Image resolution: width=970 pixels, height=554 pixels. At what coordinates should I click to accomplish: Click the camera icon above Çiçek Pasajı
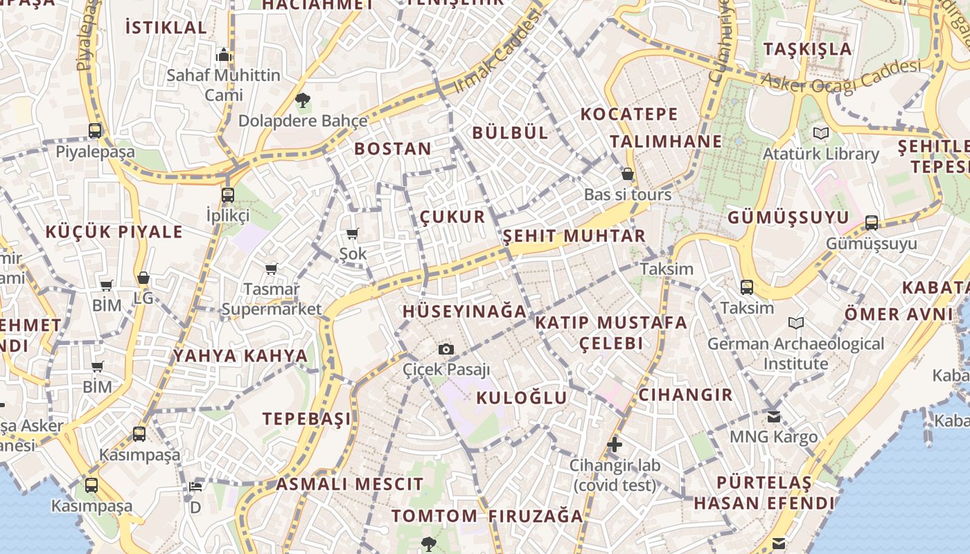tap(446, 349)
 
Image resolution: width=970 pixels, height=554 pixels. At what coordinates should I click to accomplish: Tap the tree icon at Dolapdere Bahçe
tap(302, 100)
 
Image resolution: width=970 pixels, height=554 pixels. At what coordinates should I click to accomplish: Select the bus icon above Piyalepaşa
tap(95, 130)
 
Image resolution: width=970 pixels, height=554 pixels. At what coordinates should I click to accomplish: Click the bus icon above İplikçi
tap(228, 195)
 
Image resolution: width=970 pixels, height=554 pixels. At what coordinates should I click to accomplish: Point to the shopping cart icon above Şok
tap(353, 234)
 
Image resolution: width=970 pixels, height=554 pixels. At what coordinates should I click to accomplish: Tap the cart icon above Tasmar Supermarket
tap(271, 269)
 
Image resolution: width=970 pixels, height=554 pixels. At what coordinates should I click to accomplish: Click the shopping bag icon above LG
tap(143, 278)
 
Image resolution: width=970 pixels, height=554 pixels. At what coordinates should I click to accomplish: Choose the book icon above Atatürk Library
tap(821, 133)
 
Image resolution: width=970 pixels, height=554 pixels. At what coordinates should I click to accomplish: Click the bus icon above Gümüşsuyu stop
tap(872, 222)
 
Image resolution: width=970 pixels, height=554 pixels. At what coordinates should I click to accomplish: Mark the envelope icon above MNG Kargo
tap(774, 417)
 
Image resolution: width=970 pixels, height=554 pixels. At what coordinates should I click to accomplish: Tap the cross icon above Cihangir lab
tap(615, 444)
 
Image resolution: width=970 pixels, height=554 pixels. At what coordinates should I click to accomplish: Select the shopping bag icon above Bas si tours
tap(628, 173)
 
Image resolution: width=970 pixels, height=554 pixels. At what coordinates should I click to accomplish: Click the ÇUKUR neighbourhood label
tap(452, 217)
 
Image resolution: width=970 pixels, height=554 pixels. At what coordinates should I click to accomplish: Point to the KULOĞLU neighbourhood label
tap(522, 397)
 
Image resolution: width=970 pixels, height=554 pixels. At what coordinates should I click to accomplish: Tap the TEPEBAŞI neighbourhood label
tap(306, 418)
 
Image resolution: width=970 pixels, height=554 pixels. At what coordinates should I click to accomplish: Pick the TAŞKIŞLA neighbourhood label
tap(807, 48)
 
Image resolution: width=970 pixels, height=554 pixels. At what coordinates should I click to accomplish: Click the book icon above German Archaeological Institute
tap(796, 323)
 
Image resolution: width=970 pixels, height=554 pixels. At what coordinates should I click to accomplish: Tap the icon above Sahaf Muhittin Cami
tap(223, 55)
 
